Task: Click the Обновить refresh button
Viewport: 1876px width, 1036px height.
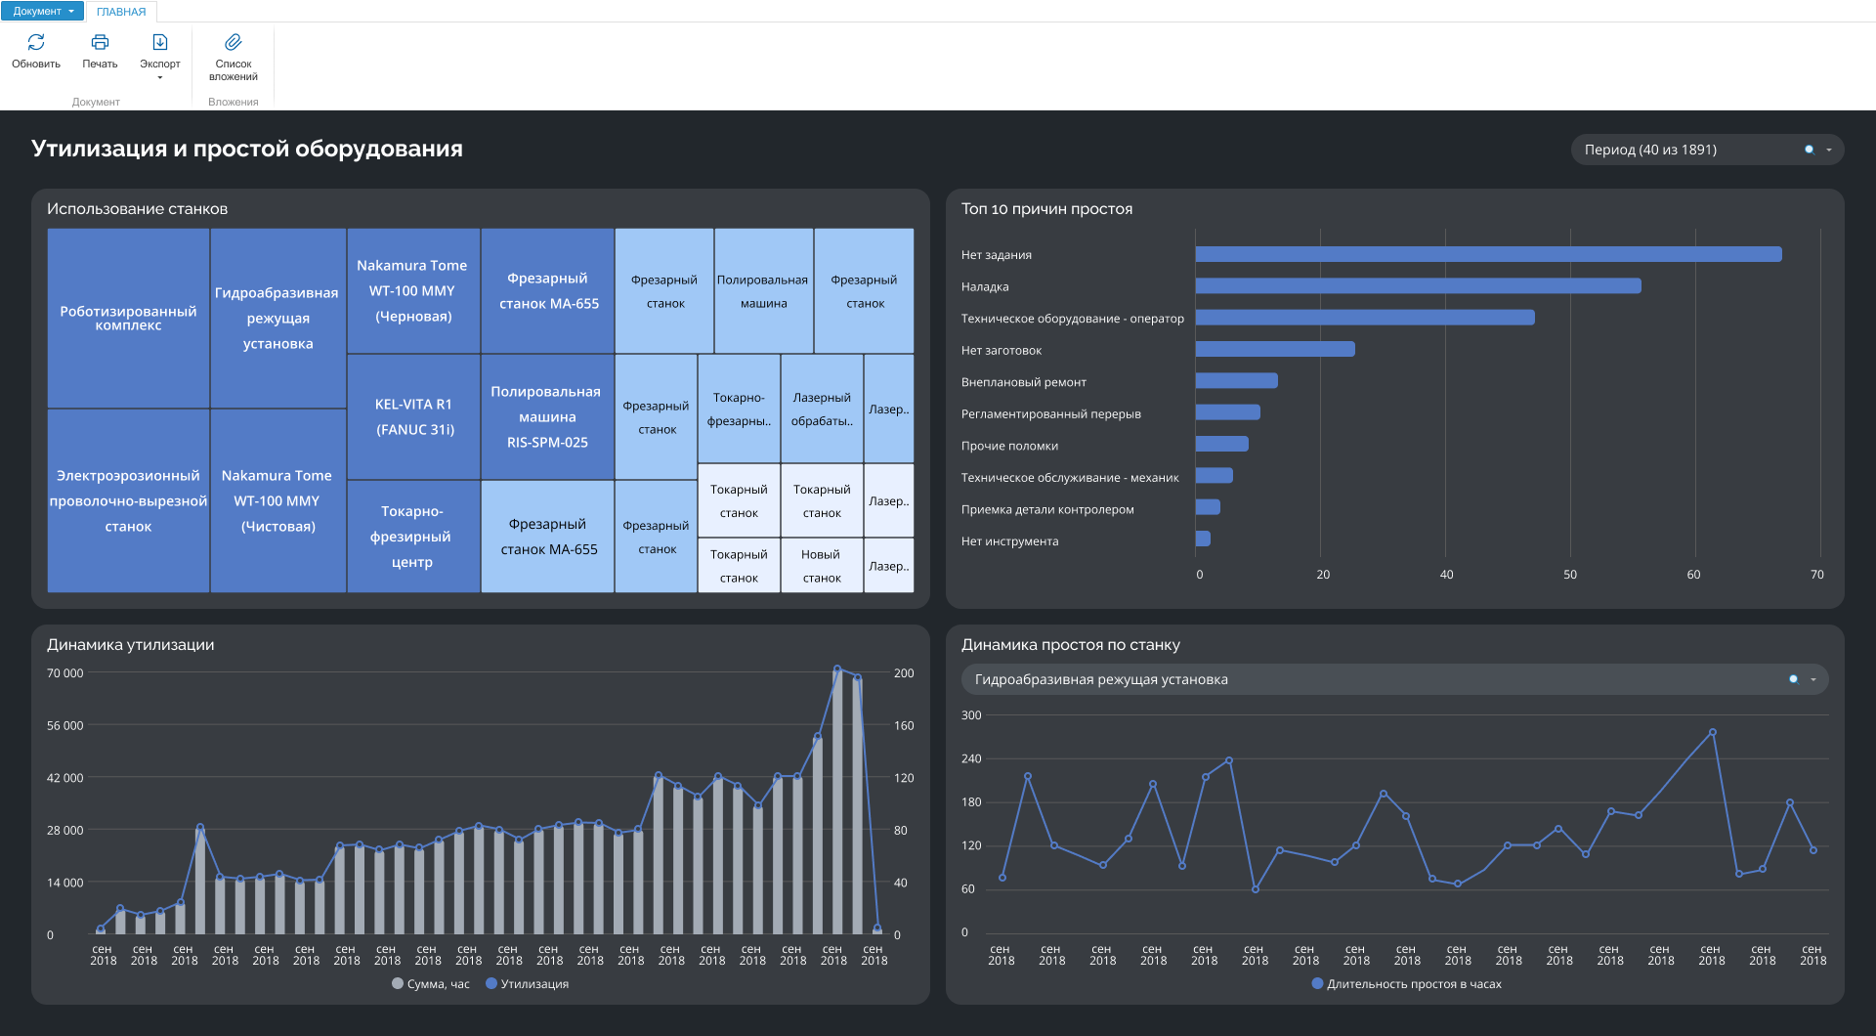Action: point(36,51)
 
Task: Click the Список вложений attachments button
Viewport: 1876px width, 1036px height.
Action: point(234,57)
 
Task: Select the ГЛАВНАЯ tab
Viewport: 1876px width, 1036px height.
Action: point(121,12)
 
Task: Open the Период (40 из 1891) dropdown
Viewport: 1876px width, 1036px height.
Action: point(1707,150)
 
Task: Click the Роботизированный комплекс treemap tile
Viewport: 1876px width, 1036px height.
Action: point(128,319)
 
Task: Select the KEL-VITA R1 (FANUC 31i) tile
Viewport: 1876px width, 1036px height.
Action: point(414,416)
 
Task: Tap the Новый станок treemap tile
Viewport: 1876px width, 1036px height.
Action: point(822,566)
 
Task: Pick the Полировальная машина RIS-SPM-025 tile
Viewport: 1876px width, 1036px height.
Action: point(547,416)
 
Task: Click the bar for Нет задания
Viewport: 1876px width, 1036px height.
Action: point(1488,254)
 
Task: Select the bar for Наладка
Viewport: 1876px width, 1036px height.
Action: point(1418,286)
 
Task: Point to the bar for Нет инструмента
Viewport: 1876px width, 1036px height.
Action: point(1203,540)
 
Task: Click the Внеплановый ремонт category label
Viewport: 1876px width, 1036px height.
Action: point(1023,382)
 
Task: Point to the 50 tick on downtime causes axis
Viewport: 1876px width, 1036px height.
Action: point(1570,575)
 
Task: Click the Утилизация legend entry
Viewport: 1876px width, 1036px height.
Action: point(528,984)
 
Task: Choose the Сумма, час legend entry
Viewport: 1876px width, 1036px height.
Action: point(431,984)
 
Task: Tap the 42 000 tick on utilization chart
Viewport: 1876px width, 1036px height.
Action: point(65,778)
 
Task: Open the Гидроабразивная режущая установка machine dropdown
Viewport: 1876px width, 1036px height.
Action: point(1394,679)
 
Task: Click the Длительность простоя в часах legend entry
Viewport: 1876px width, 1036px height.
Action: point(1407,984)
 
